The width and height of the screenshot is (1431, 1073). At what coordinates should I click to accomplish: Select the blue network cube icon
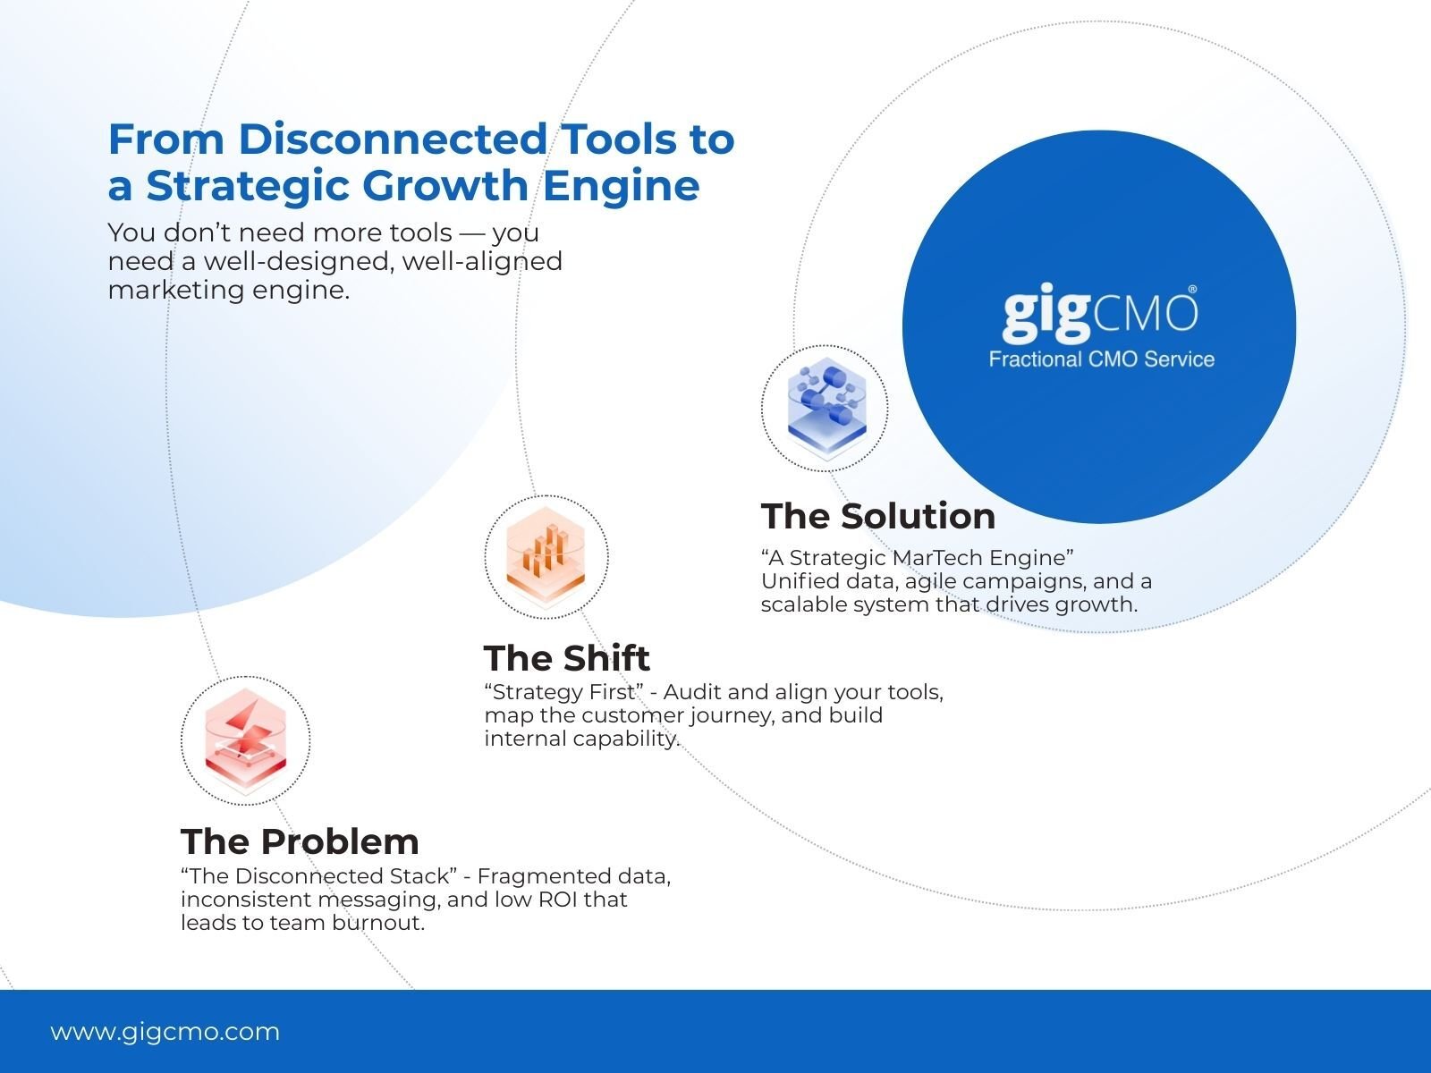point(825,407)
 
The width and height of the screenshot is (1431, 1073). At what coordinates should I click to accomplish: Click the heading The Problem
point(300,841)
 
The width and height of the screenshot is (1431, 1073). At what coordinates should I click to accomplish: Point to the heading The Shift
point(566,658)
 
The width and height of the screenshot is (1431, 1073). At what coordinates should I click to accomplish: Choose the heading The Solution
point(877,516)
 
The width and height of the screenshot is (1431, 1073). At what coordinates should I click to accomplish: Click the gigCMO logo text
point(1099,314)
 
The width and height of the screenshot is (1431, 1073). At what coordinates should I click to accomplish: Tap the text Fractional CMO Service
point(1101,359)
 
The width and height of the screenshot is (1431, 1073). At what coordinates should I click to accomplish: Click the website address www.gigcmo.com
point(165,1032)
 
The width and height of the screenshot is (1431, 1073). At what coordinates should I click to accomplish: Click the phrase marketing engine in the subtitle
point(228,290)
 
